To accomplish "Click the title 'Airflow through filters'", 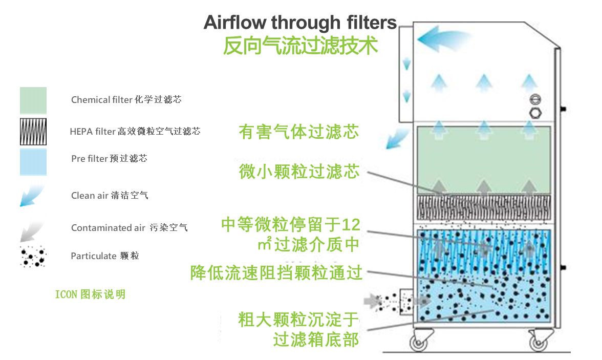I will tap(300, 23).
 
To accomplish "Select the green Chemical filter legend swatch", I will tap(33, 100).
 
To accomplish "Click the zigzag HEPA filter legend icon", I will tap(33, 132).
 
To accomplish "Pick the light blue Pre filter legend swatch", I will tap(33, 162).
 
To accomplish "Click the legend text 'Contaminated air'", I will tap(108, 228).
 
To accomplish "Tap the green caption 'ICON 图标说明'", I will tap(90, 294).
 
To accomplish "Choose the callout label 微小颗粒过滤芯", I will tap(299, 172).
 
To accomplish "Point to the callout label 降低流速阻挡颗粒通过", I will tap(276, 272).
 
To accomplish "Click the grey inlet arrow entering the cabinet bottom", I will tap(370, 300).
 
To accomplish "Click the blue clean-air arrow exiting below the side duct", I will tap(397, 138).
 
